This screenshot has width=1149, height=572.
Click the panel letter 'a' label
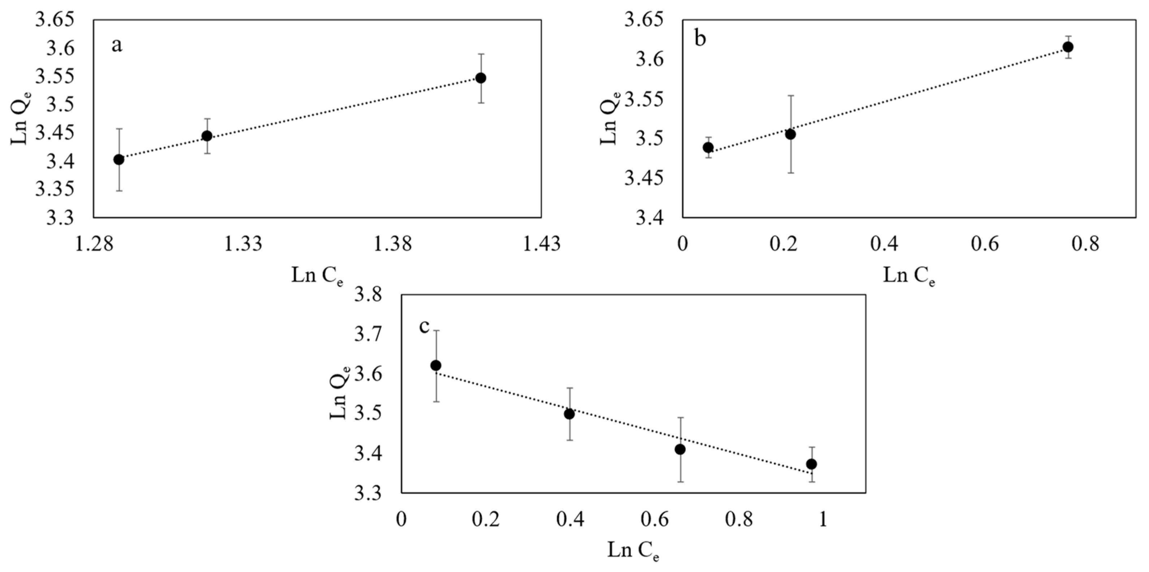pyautogui.click(x=116, y=46)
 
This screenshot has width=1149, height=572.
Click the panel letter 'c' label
pyautogui.click(x=424, y=327)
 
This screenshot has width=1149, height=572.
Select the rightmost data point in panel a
pyautogui.click(x=481, y=78)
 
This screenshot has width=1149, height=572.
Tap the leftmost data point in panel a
pyautogui.click(x=119, y=160)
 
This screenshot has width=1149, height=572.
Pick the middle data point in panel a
pyautogui.click(x=207, y=136)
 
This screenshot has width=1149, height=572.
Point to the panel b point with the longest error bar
pyautogui.click(x=790, y=134)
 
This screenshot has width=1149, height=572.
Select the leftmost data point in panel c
pyautogui.click(x=436, y=365)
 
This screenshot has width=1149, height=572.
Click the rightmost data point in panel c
pyautogui.click(x=812, y=464)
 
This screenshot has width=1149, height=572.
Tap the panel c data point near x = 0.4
pyautogui.click(x=569, y=414)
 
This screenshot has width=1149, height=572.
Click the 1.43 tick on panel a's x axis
pyautogui.click(x=542, y=244)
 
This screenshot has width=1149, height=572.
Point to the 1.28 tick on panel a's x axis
pyautogui.click(x=93, y=244)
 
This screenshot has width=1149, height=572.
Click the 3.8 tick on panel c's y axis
pyautogui.click(x=369, y=296)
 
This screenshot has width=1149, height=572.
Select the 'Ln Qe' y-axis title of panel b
pyautogui.click(x=609, y=118)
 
